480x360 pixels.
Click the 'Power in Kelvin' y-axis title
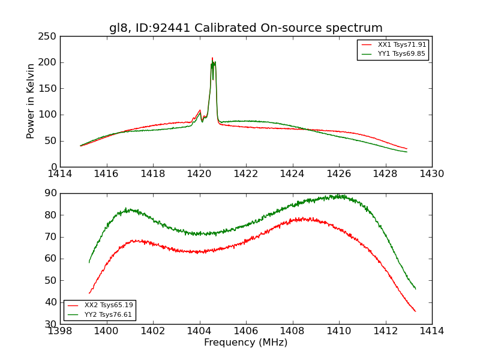point(31,101)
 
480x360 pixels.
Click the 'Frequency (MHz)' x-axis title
point(245,343)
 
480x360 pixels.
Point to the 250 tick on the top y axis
point(49,37)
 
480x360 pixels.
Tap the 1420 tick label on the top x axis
point(200,174)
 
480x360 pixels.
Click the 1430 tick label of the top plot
point(431,174)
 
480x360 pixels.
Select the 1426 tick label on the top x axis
point(339,174)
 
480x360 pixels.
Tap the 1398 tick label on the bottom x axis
point(60,331)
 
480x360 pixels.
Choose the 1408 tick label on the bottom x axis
point(292,331)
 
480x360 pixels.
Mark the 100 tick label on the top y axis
point(49,115)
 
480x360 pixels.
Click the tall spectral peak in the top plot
point(212,59)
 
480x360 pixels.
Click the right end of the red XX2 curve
point(415,311)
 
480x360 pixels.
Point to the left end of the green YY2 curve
point(89,262)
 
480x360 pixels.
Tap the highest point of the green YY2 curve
point(338,195)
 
